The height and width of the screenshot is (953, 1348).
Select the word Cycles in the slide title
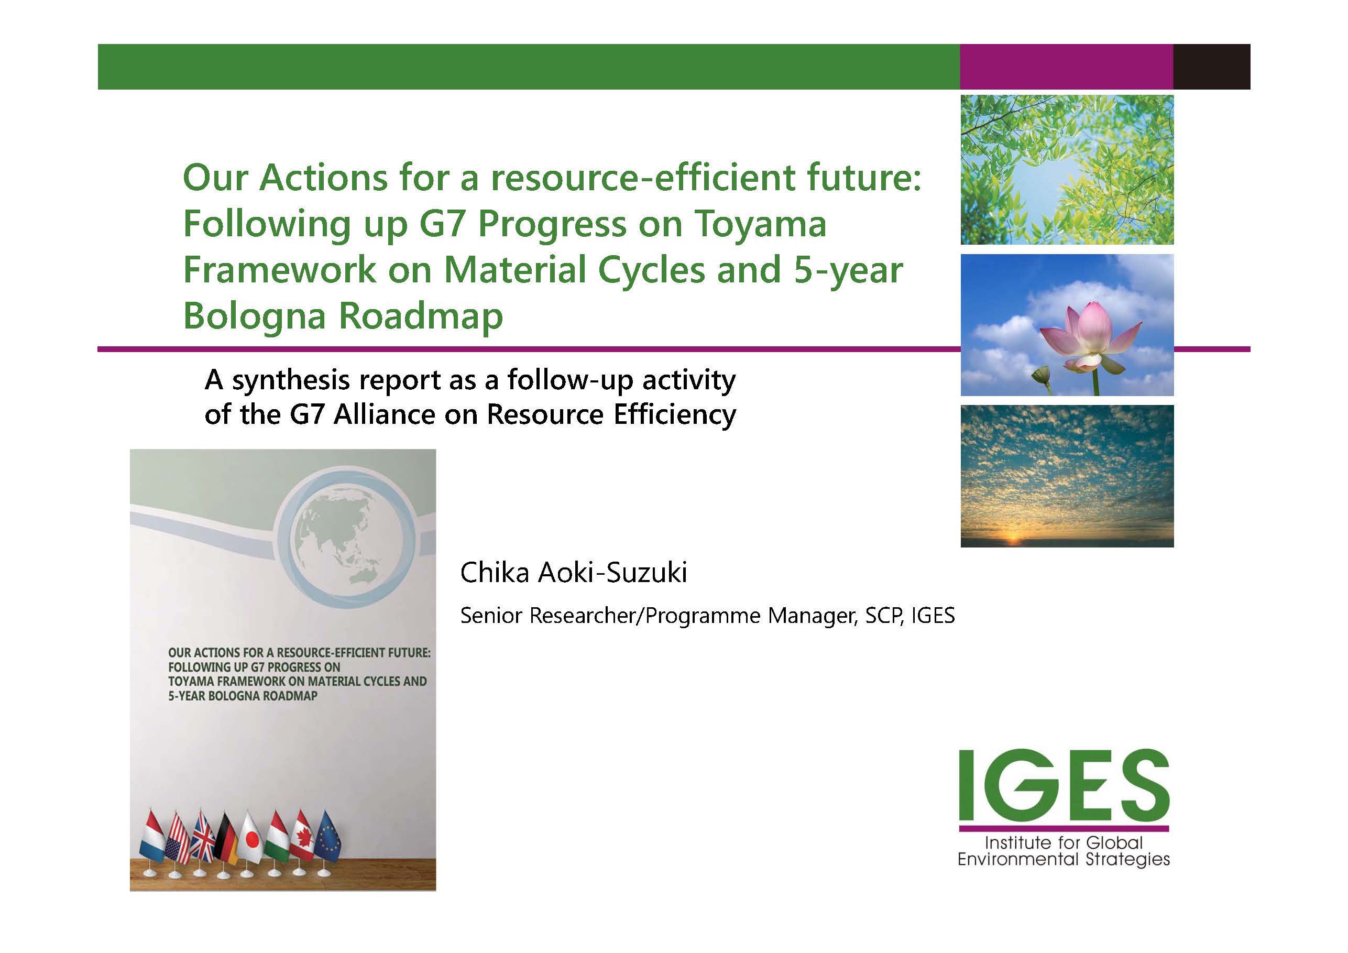[x=652, y=270]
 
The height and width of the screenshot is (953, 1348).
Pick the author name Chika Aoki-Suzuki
[x=574, y=573]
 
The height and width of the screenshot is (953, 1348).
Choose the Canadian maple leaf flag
[x=302, y=836]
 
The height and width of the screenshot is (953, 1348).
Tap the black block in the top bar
[x=1212, y=67]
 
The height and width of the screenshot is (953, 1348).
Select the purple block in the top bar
[x=1067, y=67]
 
